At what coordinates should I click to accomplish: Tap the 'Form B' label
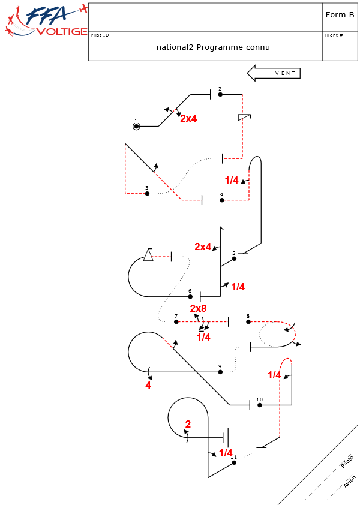(x=340, y=15)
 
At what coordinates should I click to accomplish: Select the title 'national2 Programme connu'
(x=213, y=47)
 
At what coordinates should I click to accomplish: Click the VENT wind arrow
(x=274, y=73)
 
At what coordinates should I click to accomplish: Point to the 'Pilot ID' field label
(x=100, y=35)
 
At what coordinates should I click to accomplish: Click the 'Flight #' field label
(x=334, y=35)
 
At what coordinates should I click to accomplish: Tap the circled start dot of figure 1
(x=137, y=126)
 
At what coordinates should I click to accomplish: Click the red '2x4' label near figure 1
(x=188, y=119)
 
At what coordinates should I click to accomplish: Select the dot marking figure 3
(x=147, y=193)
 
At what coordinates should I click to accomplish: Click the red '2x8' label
(x=199, y=309)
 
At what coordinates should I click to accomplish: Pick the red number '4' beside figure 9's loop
(x=148, y=386)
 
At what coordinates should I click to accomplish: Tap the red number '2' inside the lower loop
(x=188, y=425)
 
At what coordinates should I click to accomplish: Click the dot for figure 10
(x=260, y=405)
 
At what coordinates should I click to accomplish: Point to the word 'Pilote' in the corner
(x=347, y=462)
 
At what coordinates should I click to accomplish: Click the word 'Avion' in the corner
(x=349, y=481)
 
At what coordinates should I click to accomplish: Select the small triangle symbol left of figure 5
(x=148, y=255)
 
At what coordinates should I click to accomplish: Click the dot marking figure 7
(x=176, y=321)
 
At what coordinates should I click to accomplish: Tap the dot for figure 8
(x=248, y=321)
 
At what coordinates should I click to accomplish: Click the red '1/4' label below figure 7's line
(x=203, y=338)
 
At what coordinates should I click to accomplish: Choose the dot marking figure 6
(x=190, y=296)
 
